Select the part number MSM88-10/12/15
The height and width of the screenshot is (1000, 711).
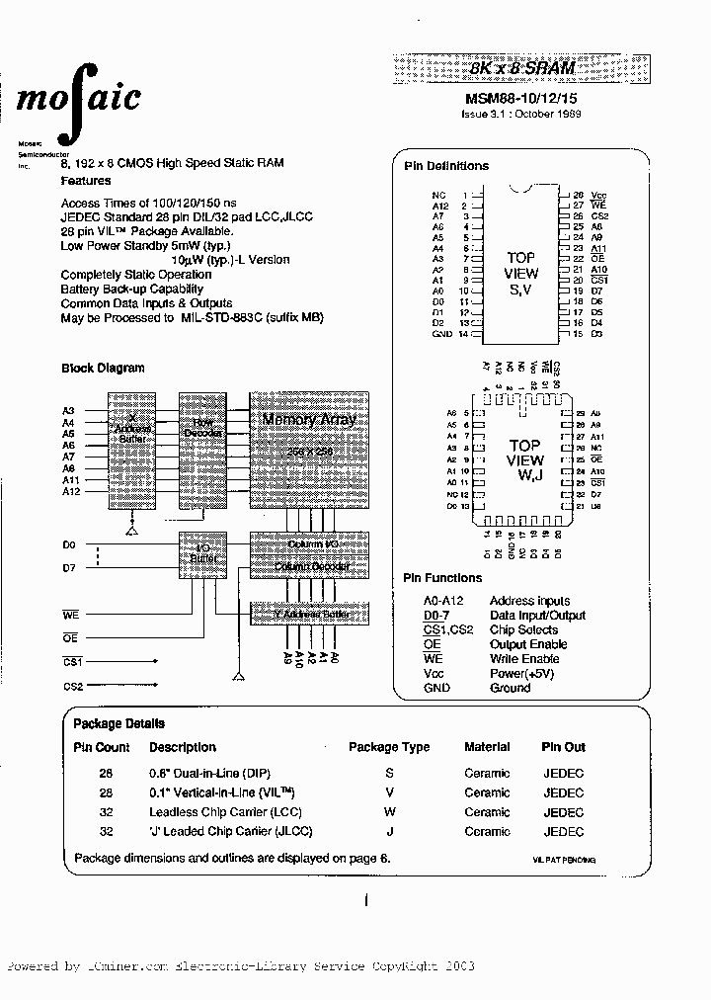[523, 98]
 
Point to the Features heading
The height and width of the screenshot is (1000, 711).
[86, 181]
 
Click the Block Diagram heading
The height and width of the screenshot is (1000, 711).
[103, 368]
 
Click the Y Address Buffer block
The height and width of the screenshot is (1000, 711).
[308, 613]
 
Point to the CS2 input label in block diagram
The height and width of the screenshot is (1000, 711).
[73, 686]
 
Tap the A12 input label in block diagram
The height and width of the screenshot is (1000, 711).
[71, 491]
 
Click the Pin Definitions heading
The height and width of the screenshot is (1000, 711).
[446, 166]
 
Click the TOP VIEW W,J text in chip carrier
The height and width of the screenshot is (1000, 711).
[524, 460]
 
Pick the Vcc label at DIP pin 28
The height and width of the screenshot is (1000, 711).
[598, 196]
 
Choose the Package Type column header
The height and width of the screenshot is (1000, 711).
[389, 747]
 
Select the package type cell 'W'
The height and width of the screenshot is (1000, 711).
[389, 812]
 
